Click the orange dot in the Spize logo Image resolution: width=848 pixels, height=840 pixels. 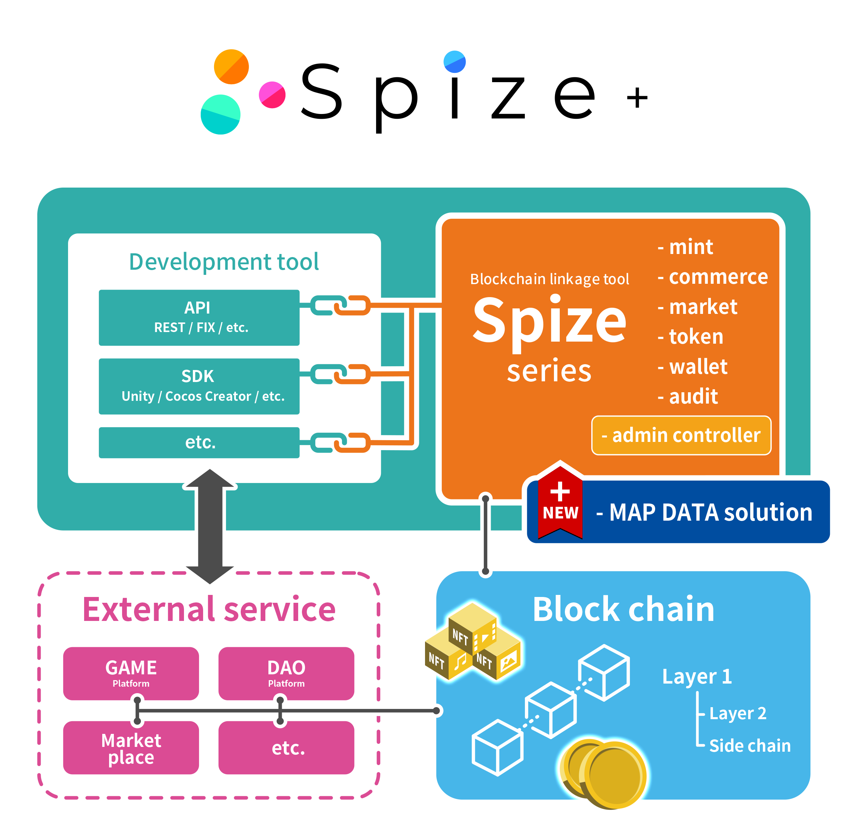click(231, 67)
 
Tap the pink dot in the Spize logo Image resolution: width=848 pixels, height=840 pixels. click(272, 94)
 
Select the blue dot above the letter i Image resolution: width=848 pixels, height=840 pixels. click(455, 62)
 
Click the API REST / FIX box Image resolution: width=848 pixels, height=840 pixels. click(199, 317)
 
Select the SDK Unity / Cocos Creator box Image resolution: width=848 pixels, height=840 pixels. click(199, 386)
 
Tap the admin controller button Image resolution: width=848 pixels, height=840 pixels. click(681, 435)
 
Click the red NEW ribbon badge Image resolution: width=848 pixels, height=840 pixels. click(560, 501)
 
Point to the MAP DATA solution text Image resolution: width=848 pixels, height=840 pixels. click(704, 512)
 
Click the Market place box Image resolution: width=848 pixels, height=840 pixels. click(131, 748)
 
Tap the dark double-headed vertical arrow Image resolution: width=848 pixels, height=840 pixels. click(210, 526)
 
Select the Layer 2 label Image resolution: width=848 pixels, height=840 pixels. click(738, 713)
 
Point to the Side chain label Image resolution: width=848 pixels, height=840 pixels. click(750, 746)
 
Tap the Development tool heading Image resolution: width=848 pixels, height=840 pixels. click(224, 262)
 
